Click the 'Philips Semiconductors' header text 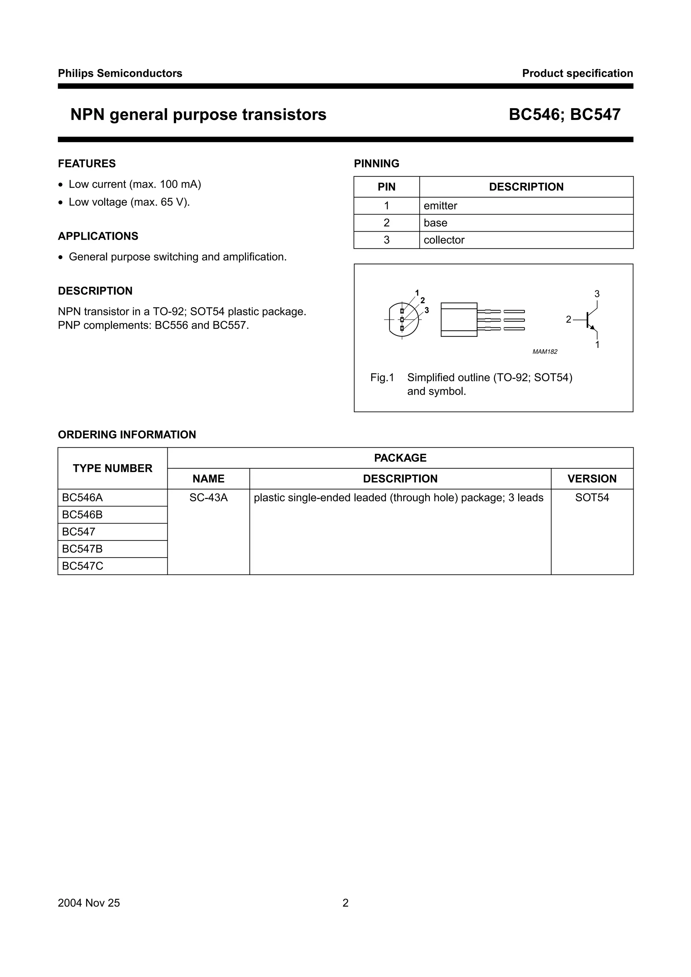pyautogui.click(x=120, y=73)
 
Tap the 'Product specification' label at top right pyautogui.click(x=577, y=73)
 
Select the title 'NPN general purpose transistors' pyautogui.click(x=198, y=115)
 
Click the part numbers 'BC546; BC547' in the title pyautogui.click(x=564, y=115)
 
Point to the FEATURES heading pyautogui.click(x=86, y=164)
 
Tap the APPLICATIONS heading pyautogui.click(x=98, y=236)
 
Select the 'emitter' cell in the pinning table pyautogui.click(x=440, y=206)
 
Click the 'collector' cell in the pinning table pyautogui.click(x=444, y=240)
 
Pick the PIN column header pyautogui.click(x=386, y=187)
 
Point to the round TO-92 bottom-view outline pyautogui.click(x=403, y=320)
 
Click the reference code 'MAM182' pyautogui.click(x=545, y=352)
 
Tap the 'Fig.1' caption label pyautogui.click(x=382, y=378)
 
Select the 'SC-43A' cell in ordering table pyautogui.click(x=208, y=498)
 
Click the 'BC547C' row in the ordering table pyautogui.click(x=83, y=566)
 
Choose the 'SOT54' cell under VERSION pyautogui.click(x=591, y=498)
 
